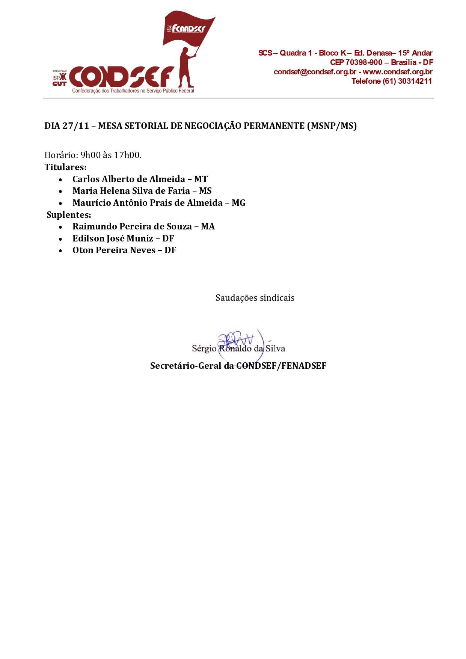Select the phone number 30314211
(x=415, y=81)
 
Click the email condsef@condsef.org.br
(x=315, y=72)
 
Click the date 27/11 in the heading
(x=75, y=126)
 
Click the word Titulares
(x=65, y=167)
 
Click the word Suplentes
(x=69, y=215)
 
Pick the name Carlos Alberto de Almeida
(x=129, y=179)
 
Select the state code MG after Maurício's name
(x=238, y=203)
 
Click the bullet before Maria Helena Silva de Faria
(x=60, y=192)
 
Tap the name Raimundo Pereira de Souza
(x=132, y=226)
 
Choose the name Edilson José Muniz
(x=113, y=238)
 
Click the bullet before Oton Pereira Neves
(x=60, y=251)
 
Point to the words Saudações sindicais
(x=255, y=298)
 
